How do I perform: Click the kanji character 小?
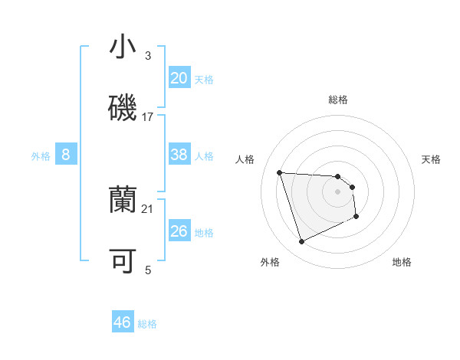click(x=123, y=47)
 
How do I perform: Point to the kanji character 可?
click(x=123, y=261)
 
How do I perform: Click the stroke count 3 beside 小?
click(x=148, y=56)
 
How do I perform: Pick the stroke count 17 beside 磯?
click(x=148, y=117)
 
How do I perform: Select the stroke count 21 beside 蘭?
click(x=148, y=208)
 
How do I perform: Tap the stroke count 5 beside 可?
click(x=148, y=270)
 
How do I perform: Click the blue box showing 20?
click(x=179, y=78)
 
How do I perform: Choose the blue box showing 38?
click(x=179, y=155)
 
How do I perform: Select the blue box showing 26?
click(x=179, y=231)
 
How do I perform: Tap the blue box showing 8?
click(x=66, y=155)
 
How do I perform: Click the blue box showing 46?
click(x=123, y=322)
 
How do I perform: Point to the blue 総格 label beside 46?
click(x=147, y=324)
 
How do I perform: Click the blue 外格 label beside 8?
click(x=41, y=156)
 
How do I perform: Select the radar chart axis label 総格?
click(x=338, y=100)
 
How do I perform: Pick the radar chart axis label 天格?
click(x=432, y=159)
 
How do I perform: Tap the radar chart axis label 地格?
click(x=402, y=262)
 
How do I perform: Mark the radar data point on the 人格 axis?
click(x=280, y=172)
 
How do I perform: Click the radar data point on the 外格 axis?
click(x=301, y=242)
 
